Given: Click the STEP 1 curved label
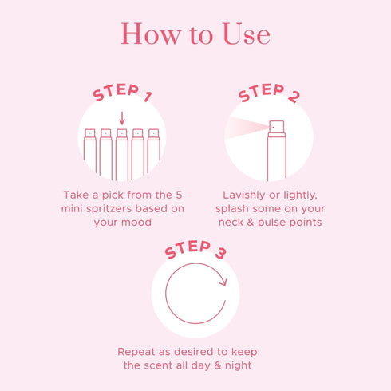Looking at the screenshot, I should [x=122, y=92].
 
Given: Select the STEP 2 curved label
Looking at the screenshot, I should [x=269, y=95].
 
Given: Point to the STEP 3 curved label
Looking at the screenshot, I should [x=195, y=250].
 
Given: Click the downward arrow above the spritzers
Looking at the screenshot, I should [x=122, y=118].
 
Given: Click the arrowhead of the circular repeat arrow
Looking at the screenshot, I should [x=223, y=281].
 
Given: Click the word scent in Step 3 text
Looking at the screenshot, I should [x=164, y=365].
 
